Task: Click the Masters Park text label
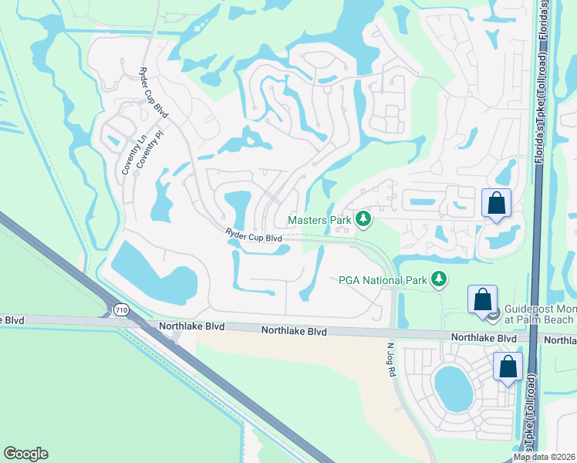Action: pos(319,220)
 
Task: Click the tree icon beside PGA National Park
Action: pos(439,279)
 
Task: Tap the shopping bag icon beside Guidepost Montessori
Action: pos(482,300)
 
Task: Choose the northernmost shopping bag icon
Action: pos(496,204)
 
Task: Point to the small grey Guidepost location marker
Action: pos(498,313)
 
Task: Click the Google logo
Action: pos(25,454)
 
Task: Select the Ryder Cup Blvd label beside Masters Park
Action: pos(253,236)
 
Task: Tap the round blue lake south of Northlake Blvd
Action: pos(453,388)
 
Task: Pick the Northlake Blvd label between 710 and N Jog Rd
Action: pos(294,331)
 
